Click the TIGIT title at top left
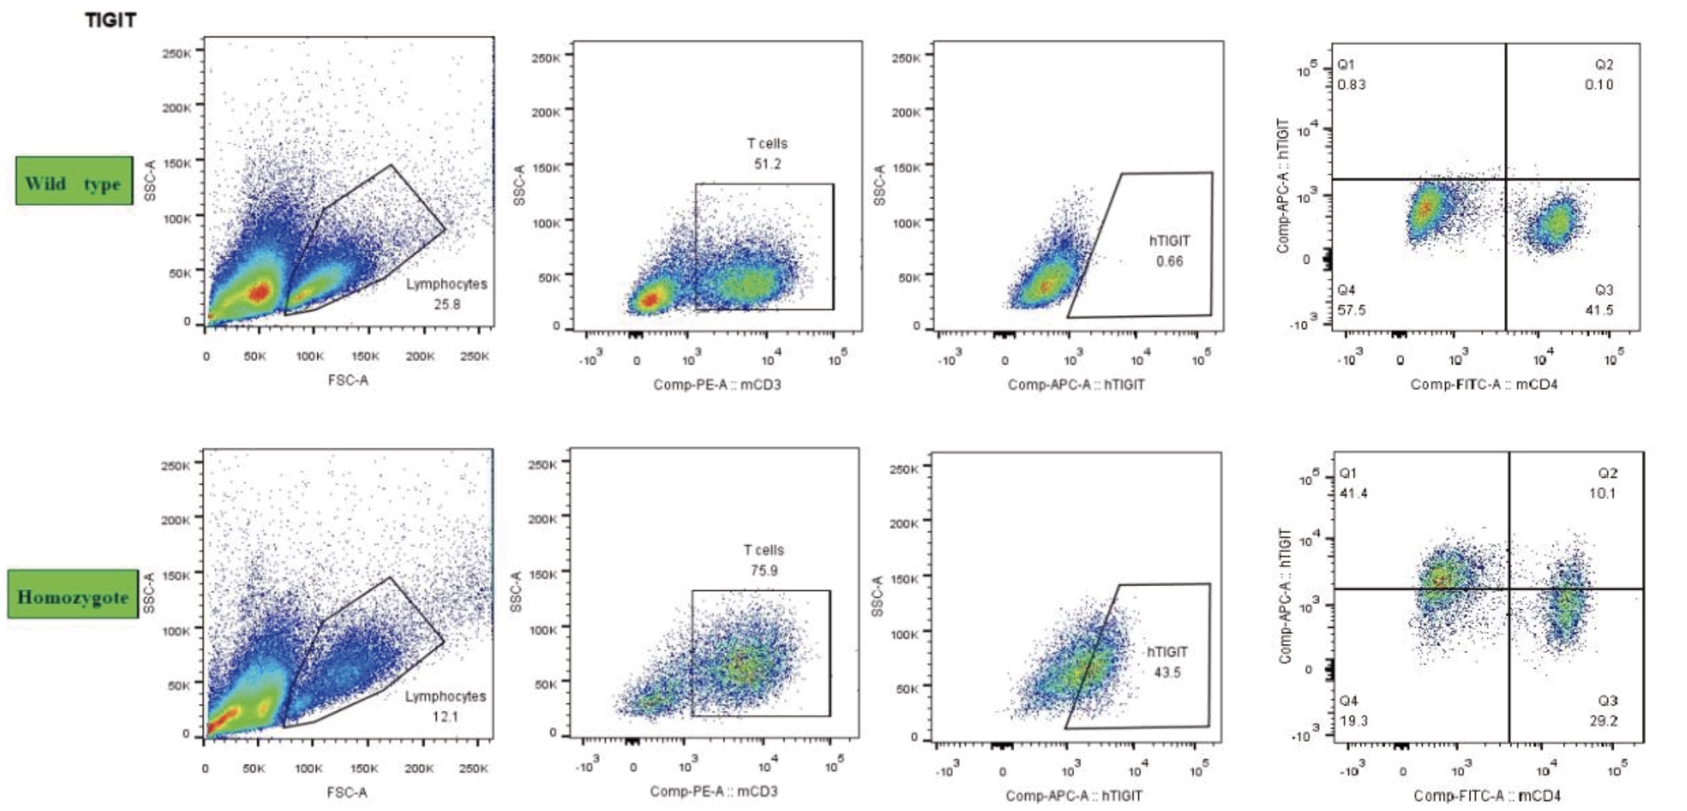tap(111, 20)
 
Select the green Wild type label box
tap(74, 182)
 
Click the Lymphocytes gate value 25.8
tap(447, 305)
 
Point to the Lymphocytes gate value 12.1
tap(446, 717)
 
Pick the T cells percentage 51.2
tap(767, 164)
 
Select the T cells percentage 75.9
tap(764, 571)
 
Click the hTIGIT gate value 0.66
tap(1169, 262)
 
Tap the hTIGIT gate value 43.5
tap(1167, 673)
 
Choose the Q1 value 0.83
tap(1352, 85)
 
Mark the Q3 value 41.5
tap(1600, 310)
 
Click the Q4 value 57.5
tap(1352, 310)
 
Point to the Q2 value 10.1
tap(1602, 494)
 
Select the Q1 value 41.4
tap(1354, 494)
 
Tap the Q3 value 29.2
tap(1604, 721)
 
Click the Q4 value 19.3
tap(1354, 721)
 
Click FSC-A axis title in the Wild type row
tap(348, 381)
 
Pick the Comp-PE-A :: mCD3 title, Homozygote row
tap(714, 792)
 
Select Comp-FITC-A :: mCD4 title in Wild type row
tap(1484, 385)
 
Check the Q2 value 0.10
tap(1600, 85)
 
